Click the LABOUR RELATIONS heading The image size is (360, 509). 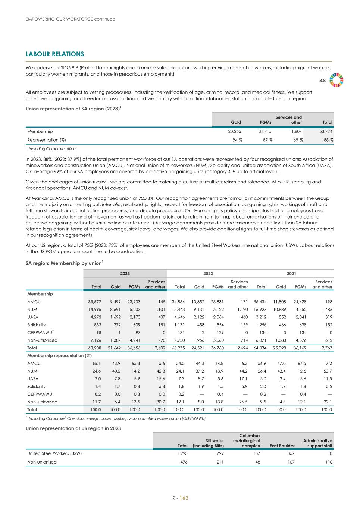(x=55, y=54)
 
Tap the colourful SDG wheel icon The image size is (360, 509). (x=336, y=80)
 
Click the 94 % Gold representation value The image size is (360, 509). (x=236, y=140)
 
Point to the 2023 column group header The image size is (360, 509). (x=125, y=274)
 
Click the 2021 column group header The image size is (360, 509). (x=291, y=274)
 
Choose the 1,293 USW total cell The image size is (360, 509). (x=182, y=453)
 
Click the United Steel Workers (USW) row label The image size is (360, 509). (x=54, y=453)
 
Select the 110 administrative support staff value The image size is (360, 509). (x=328, y=462)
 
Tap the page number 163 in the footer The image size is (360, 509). (x=184, y=498)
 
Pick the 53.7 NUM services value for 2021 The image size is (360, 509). (x=327, y=371)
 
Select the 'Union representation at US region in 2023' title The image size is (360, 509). (x=73, y=428)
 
